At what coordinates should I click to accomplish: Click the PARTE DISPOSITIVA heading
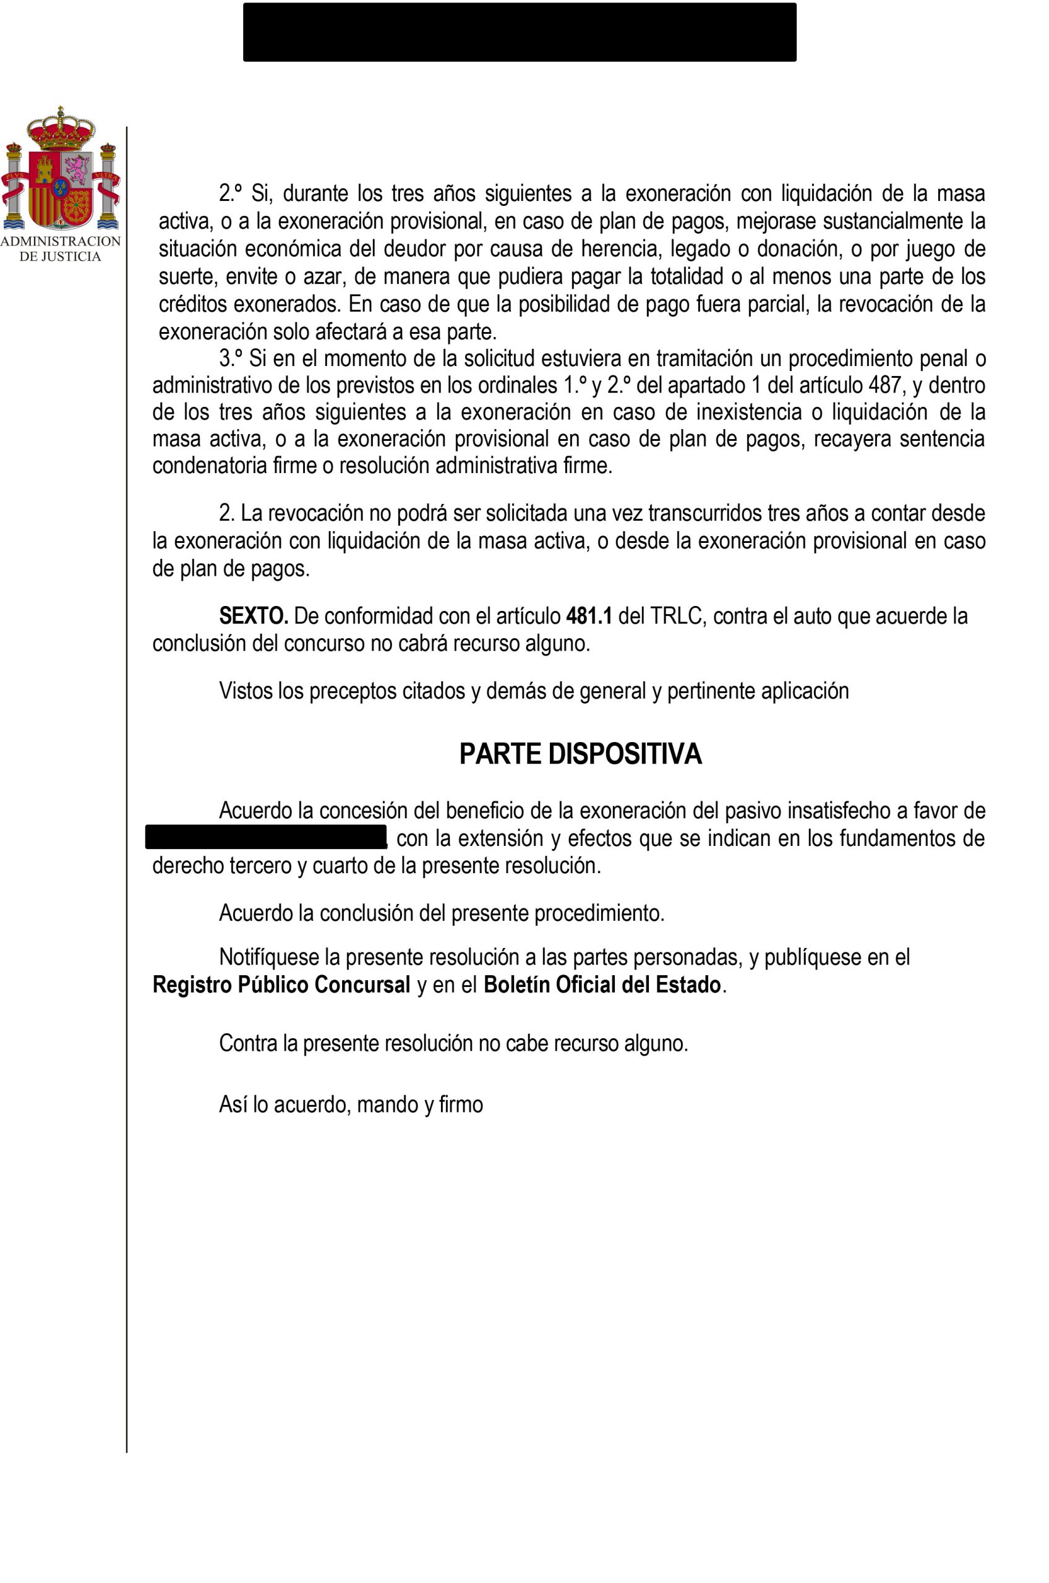coord(580,754)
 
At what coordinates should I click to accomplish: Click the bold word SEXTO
coord(254,615)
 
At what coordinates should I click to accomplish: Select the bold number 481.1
coord(589,615)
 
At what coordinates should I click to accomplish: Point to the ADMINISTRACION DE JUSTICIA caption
coord(61,249)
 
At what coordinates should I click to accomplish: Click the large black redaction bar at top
coord(519,32)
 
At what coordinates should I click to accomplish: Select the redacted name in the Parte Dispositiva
coord(266,837)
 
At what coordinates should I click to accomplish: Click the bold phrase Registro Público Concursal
coord(281,986)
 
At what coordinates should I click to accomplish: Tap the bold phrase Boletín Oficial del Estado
coord(602,986)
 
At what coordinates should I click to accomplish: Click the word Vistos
coord(246,690)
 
